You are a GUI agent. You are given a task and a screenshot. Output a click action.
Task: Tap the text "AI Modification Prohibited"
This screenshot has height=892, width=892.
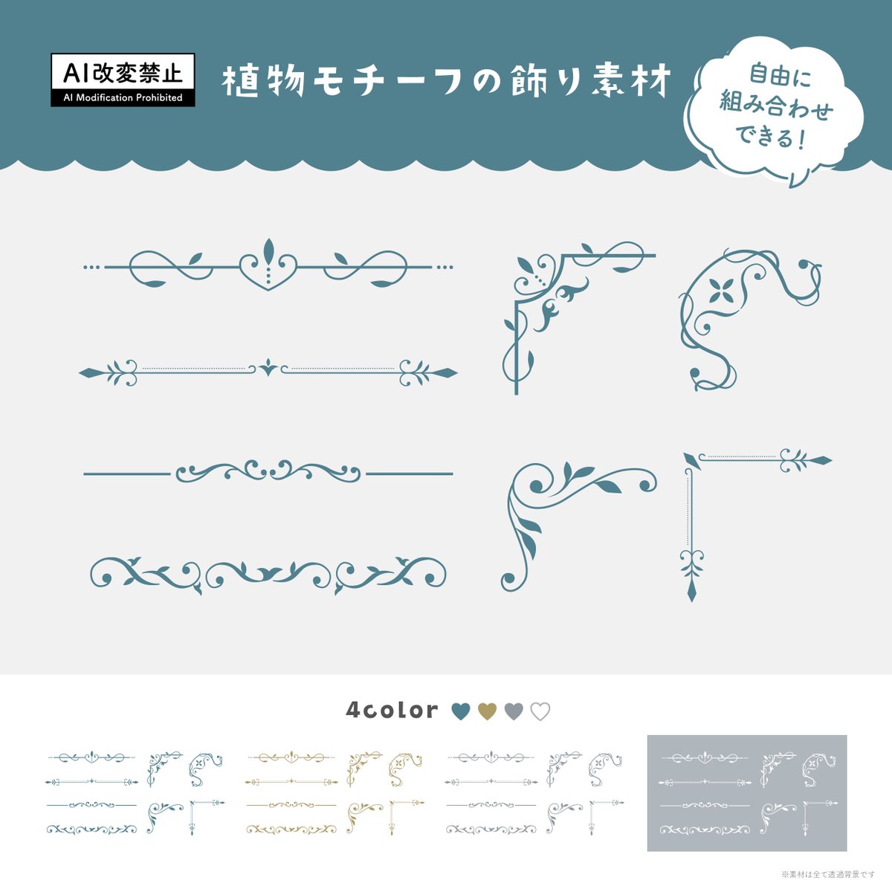[123, 97]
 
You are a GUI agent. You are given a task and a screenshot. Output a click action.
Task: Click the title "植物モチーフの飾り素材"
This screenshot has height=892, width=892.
[447, 81]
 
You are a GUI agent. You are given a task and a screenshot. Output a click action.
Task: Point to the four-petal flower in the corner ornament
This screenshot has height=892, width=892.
[719, 291]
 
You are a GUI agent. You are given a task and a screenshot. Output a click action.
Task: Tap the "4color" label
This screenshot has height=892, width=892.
[392, 710]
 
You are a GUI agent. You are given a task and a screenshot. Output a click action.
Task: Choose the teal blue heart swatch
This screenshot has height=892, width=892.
[461, 711]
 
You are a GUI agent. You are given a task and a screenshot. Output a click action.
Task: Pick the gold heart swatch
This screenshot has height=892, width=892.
[487, 711]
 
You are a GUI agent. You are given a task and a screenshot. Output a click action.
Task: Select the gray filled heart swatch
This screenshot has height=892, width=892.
[514, 711]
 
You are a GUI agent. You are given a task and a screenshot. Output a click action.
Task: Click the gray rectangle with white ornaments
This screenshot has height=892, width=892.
[746, 793]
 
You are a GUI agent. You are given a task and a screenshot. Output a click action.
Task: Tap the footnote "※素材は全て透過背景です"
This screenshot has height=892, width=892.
[828, 874]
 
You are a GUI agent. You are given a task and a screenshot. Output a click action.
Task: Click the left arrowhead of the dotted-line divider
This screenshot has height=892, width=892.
[90, 372]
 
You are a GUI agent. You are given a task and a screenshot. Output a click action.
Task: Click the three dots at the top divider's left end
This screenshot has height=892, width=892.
[91, 266]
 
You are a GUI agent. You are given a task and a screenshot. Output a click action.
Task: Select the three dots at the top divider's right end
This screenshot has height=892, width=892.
[445, 266]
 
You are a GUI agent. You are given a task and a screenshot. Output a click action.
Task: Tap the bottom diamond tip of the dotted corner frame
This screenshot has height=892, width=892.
[692, 592]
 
